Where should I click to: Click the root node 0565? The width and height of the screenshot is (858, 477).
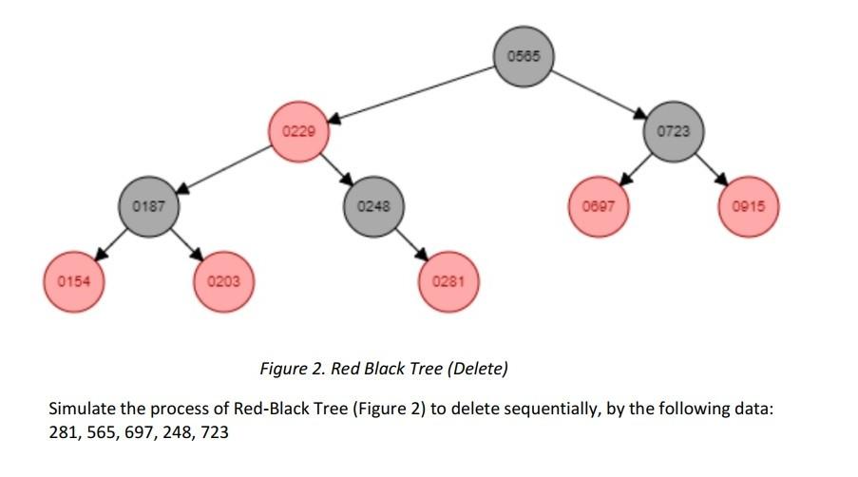[523, 56]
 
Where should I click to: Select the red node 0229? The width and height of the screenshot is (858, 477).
[299, 131]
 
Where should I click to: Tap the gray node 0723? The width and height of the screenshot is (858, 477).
[674, 131]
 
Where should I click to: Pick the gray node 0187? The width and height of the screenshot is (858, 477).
[149, 206]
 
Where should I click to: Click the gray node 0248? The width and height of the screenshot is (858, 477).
[373, 206]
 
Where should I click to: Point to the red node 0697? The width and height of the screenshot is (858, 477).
[599, 206]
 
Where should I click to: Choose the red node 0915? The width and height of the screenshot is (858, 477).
[749, 206]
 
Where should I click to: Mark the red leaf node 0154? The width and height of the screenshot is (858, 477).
[74, 281]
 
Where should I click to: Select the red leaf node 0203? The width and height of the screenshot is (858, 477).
[224, 281]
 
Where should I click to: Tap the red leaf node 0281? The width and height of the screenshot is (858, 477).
[448, 281]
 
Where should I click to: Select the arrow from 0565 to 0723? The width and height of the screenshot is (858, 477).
[599, 93]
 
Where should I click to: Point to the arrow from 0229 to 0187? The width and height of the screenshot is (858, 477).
[225, 168]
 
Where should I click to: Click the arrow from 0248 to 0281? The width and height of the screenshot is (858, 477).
[411, 244]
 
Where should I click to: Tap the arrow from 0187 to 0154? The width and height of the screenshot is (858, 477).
[112, 244]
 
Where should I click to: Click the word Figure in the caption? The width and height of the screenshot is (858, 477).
[281, 369]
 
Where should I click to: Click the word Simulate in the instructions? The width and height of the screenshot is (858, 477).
[81, 409]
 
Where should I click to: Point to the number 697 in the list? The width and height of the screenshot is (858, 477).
[140, 432]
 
